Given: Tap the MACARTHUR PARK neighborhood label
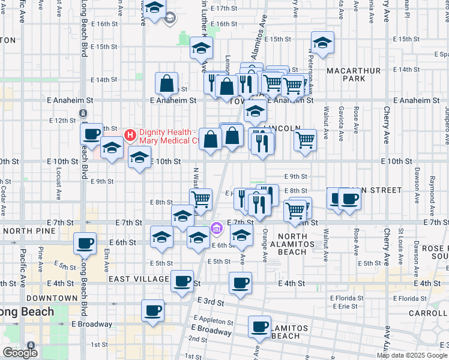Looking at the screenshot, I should [x=354, y=74].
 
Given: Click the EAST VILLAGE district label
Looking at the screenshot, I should [x=139, y=279].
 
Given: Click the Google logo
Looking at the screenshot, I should [x=20, y=353].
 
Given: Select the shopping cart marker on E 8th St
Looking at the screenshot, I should [x=200, y=198].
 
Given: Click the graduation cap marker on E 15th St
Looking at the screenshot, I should [x=322, y=42].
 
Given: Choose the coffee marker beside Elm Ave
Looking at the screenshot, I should [x=85, y=243].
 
